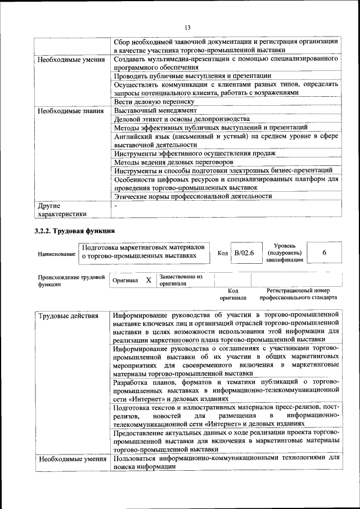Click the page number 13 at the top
[x=187, y=28]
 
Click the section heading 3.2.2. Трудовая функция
[x=75, y=231]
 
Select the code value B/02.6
[x=244, y=254]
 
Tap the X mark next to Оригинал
[x=148, y=280]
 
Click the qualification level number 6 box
[x=325, y=253]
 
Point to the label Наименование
[x=56, y=254]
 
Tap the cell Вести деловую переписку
[x=154, y=102]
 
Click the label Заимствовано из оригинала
[x=181, y=280]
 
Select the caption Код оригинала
[x=233, y=294]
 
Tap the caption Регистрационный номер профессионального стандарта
[x=301, y=294]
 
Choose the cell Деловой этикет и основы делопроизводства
[x=181, y=119]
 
